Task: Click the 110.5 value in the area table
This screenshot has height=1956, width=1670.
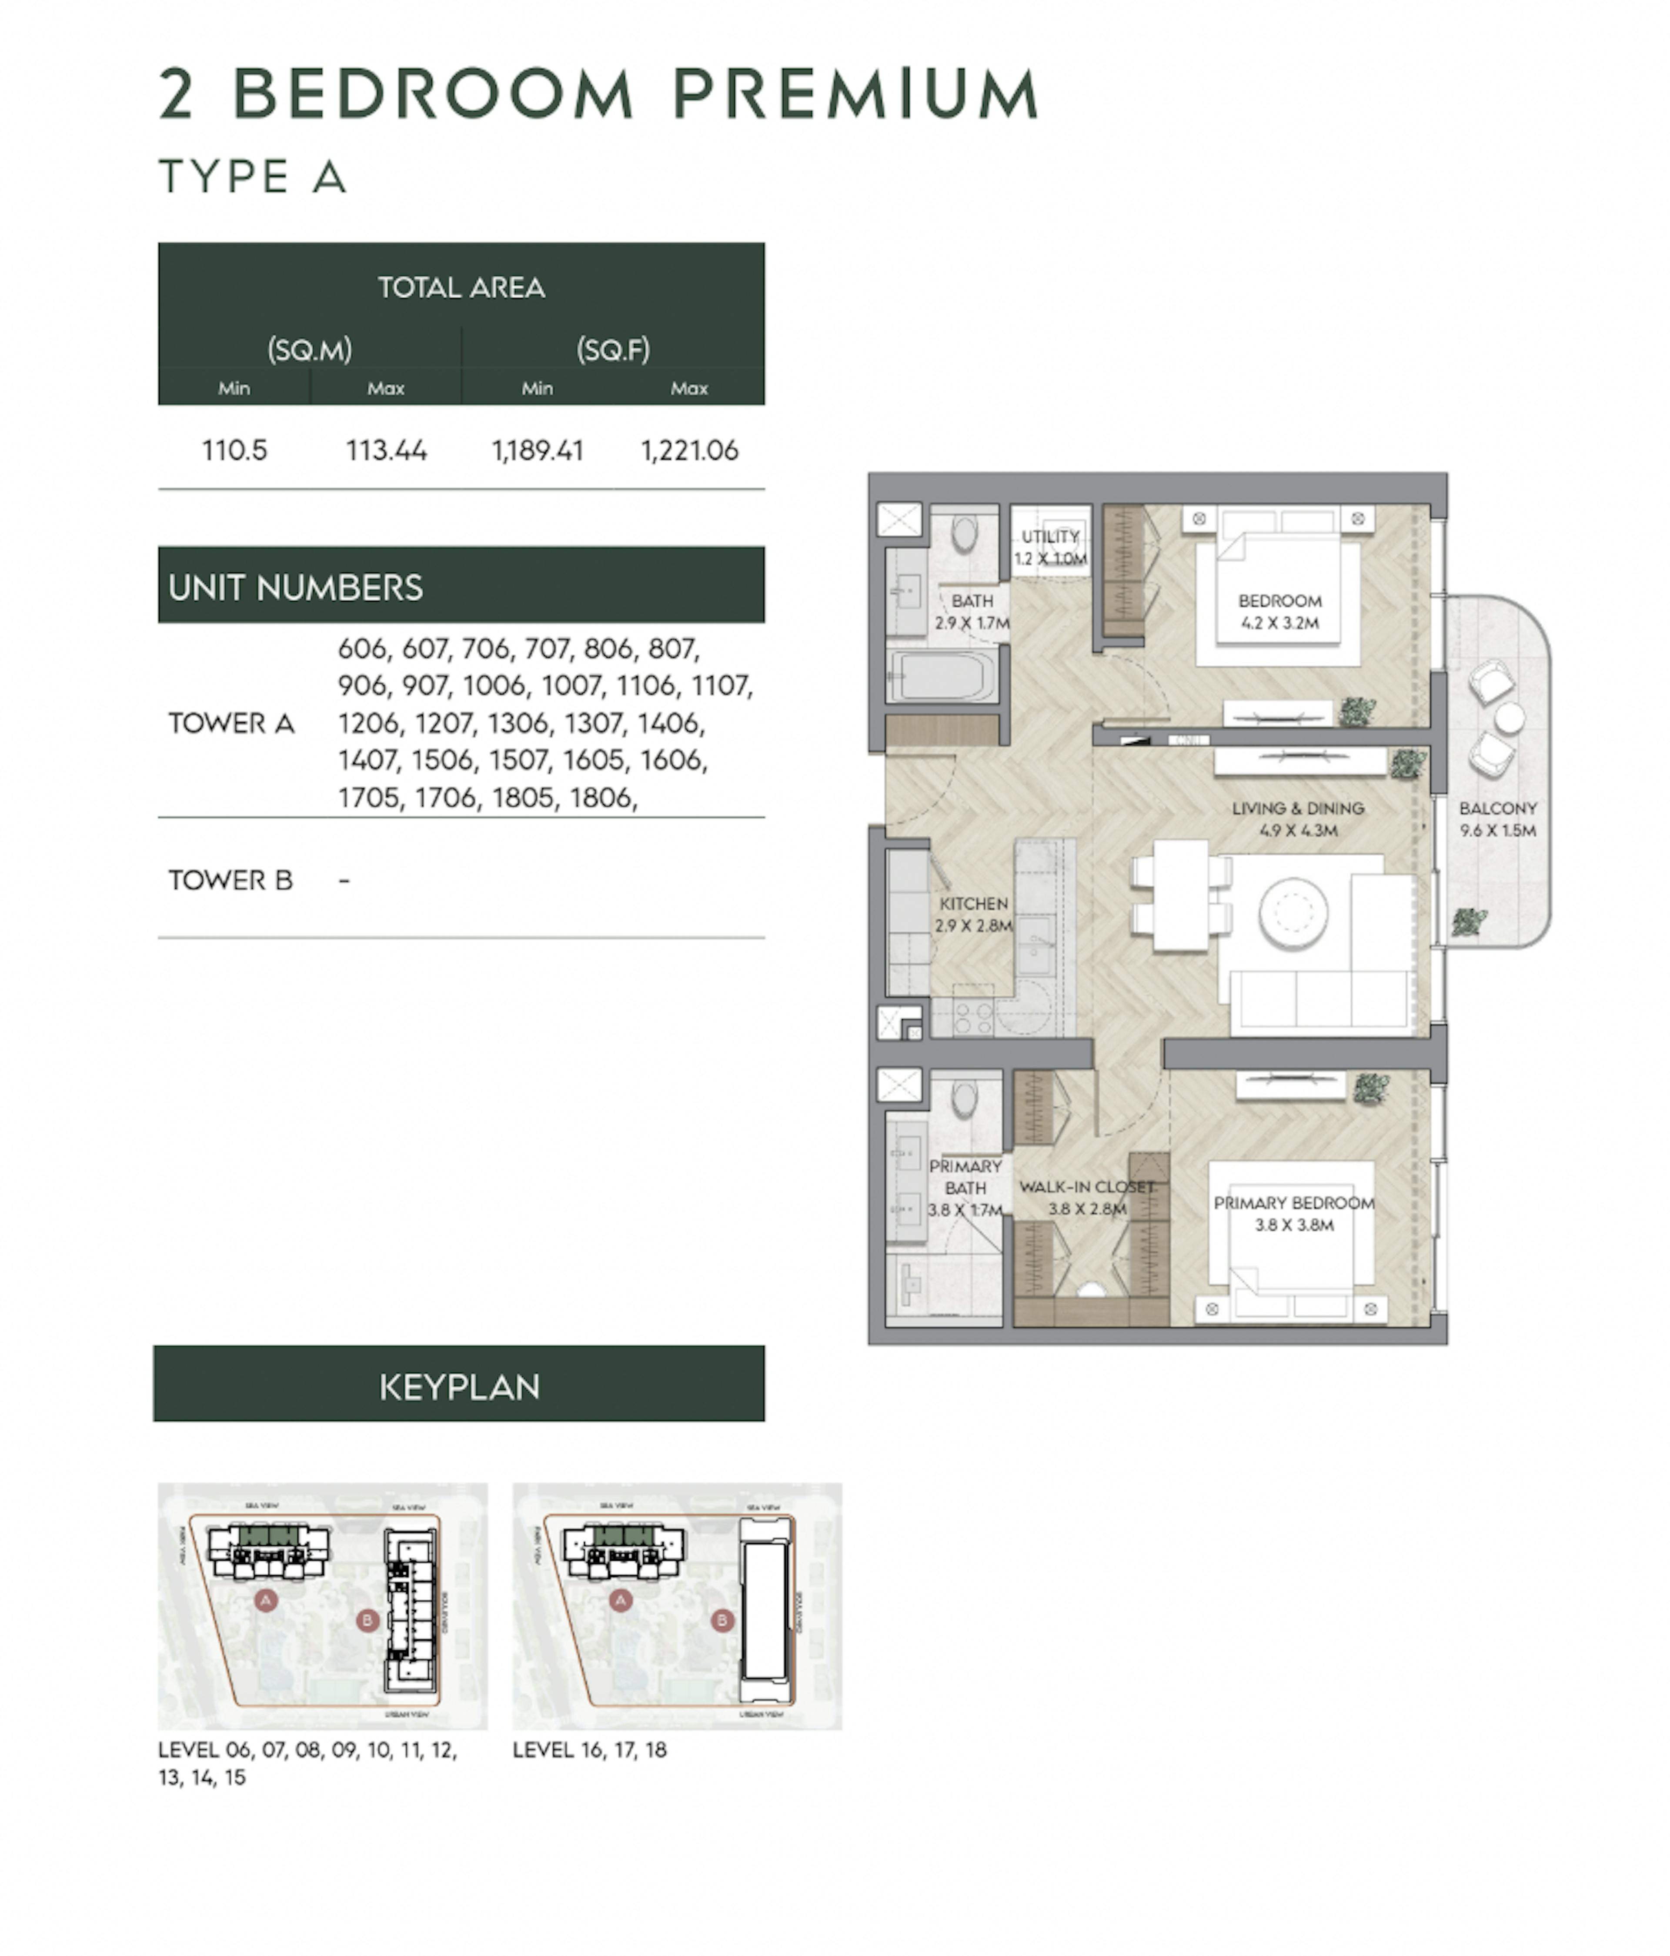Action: [234, 450]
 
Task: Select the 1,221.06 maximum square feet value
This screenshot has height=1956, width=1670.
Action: [689, 450]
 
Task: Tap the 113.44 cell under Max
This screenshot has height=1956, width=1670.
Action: [386, 450]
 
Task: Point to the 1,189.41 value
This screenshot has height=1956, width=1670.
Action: [537, 450]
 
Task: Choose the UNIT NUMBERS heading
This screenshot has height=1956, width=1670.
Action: [295, 587]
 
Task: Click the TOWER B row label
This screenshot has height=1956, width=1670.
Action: [230, 880]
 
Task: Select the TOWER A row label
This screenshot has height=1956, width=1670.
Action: [231, 723]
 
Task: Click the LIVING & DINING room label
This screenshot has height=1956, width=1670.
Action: [1297, 808]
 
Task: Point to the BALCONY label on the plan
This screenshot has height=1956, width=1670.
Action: [1497, 808]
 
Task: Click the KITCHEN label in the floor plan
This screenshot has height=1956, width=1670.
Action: [973, 904]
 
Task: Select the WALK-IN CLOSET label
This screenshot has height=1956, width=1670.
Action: [1086, 1187]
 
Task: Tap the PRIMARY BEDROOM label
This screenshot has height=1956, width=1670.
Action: [1293, 1203]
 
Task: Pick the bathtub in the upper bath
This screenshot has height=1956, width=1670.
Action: [944, 677]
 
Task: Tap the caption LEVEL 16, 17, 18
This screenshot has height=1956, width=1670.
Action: [589, 1749]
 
